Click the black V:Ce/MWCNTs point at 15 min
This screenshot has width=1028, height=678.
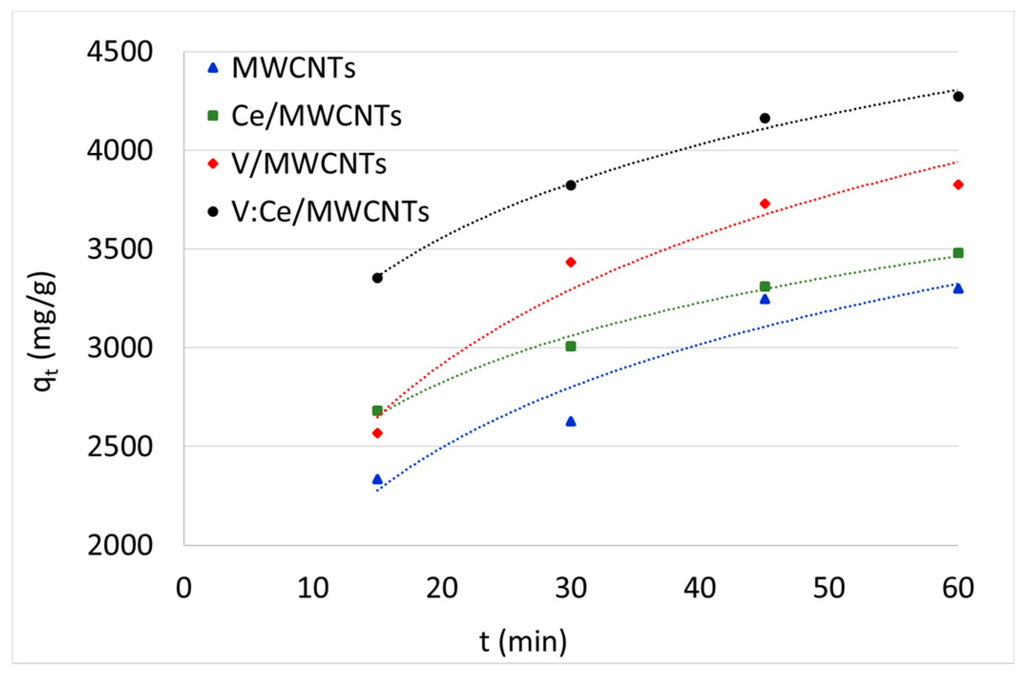tap(377, 278)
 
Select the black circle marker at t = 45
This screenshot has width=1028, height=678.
tap(765, 118)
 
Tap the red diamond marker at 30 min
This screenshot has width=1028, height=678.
tap(571, 262)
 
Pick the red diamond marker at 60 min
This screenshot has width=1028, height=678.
tap(958, 185)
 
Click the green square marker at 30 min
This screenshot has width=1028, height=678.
tap(571, 346)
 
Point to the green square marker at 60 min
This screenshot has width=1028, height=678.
tap(958, 253)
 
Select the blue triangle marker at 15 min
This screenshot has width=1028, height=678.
tap(377, 479)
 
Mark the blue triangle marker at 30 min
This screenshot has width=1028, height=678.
tap(571, 421)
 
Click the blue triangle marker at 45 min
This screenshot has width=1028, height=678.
tap(765, 299)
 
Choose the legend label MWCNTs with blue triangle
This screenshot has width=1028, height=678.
tap(293, 68)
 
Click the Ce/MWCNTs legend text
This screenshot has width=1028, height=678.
tap(316, 116)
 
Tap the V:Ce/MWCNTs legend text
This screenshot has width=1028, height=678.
tap(330, 212)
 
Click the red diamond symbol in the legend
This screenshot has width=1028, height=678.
tap(213, 164)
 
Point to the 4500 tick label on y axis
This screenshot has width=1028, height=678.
tap(120, 51)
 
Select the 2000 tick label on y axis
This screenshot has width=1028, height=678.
tap(120, 545)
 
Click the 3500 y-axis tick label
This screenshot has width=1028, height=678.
tap(120, 249)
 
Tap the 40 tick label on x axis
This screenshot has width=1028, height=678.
tap(700, 588)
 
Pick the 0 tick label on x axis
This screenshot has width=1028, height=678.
tap(184, 588)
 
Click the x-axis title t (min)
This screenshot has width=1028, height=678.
tap(523, 642)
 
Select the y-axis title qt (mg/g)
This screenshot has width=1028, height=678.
tap(44, 331)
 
